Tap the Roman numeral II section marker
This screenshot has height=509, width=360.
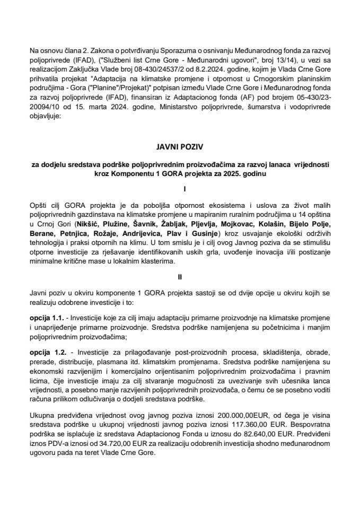(x=180, y=277)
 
